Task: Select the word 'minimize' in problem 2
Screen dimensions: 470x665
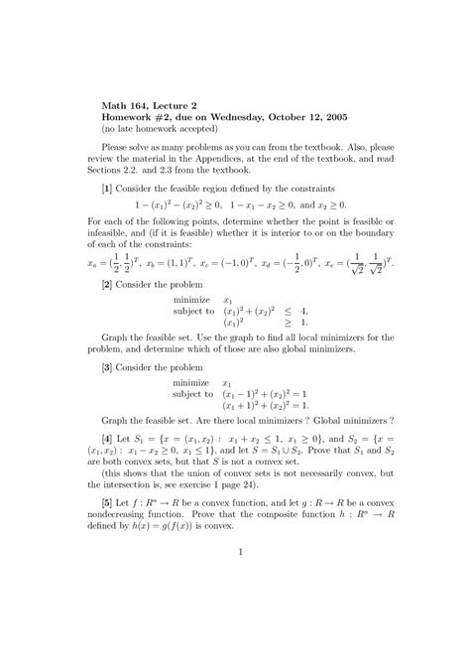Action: [x=191, y=299]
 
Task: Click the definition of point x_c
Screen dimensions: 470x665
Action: [x=245, y=256]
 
